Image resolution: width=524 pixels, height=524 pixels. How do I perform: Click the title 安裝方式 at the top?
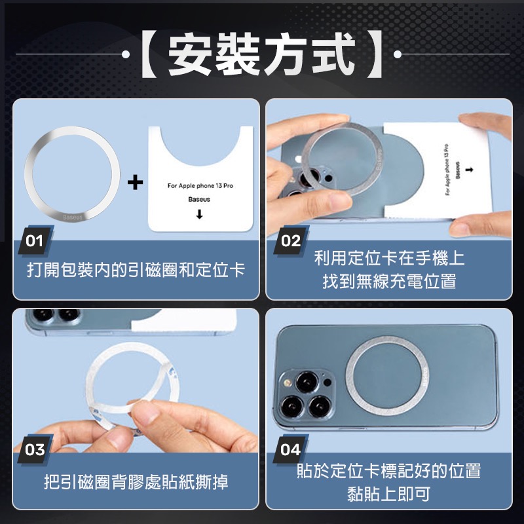[x=262, y=54]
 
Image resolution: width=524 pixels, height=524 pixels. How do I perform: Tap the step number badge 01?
[x=35, y=240]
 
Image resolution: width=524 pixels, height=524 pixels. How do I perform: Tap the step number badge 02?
[x=290, y=240]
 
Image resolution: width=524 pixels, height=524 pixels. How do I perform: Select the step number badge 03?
[x=35, y=450]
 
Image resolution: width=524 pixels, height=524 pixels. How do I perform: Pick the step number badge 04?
[x=290, y=450]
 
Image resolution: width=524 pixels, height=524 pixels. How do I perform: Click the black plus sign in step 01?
[x=135, y=181]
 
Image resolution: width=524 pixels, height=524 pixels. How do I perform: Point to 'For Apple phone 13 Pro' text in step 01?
[x=200, y=187]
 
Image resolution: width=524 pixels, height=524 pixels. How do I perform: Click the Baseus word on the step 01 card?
[x=200, y=198]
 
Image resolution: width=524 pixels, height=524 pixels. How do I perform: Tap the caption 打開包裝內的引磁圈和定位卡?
[x=136, y=271]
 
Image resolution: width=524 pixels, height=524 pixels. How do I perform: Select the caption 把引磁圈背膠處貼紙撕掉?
[x=136, y=483]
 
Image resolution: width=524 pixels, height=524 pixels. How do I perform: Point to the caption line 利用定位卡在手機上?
[x=389, y=258]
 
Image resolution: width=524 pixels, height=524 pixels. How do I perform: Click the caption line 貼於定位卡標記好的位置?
[x=389, y=470]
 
